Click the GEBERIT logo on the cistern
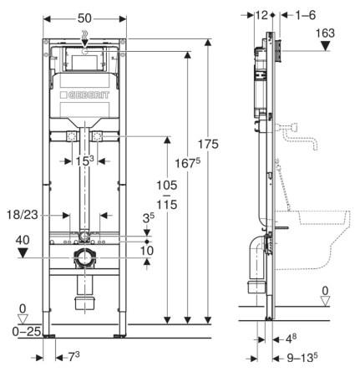[84, 95]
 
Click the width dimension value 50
[84, 18]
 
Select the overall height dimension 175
[208, 145]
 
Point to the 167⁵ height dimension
[188, 163]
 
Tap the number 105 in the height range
[167, 185]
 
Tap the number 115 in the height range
[167, 205]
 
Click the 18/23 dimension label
[23, 215]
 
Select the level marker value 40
[23, 240]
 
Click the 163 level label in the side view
[325, 33]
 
